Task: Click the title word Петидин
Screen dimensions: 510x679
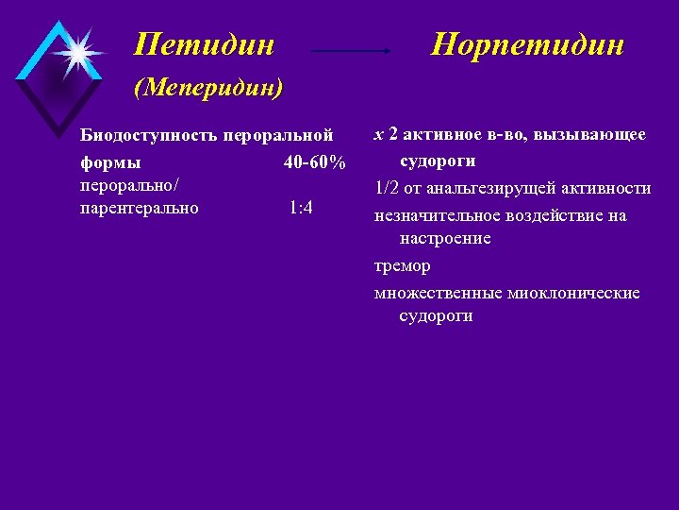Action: pyautogui.click(x=205, y=43)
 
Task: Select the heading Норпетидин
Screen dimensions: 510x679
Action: pyautogui.click(x=527, y=43)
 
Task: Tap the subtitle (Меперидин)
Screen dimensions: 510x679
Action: pyautogui.click(x=208, y=89)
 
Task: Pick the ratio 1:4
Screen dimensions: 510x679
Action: pyautogui.click(x=302, y=208)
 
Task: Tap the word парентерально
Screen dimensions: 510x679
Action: pyautogui.click(x=140, y=208)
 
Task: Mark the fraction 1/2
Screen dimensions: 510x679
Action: pyautogui.click(x=385, y=188)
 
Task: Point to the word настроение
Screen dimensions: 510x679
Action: pyautogui.click(x=445, y=239)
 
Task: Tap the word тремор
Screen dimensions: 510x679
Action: pyautogui.click(x=402, y=266)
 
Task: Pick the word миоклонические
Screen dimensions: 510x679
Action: pyautogui.click(x=572, y=293)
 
